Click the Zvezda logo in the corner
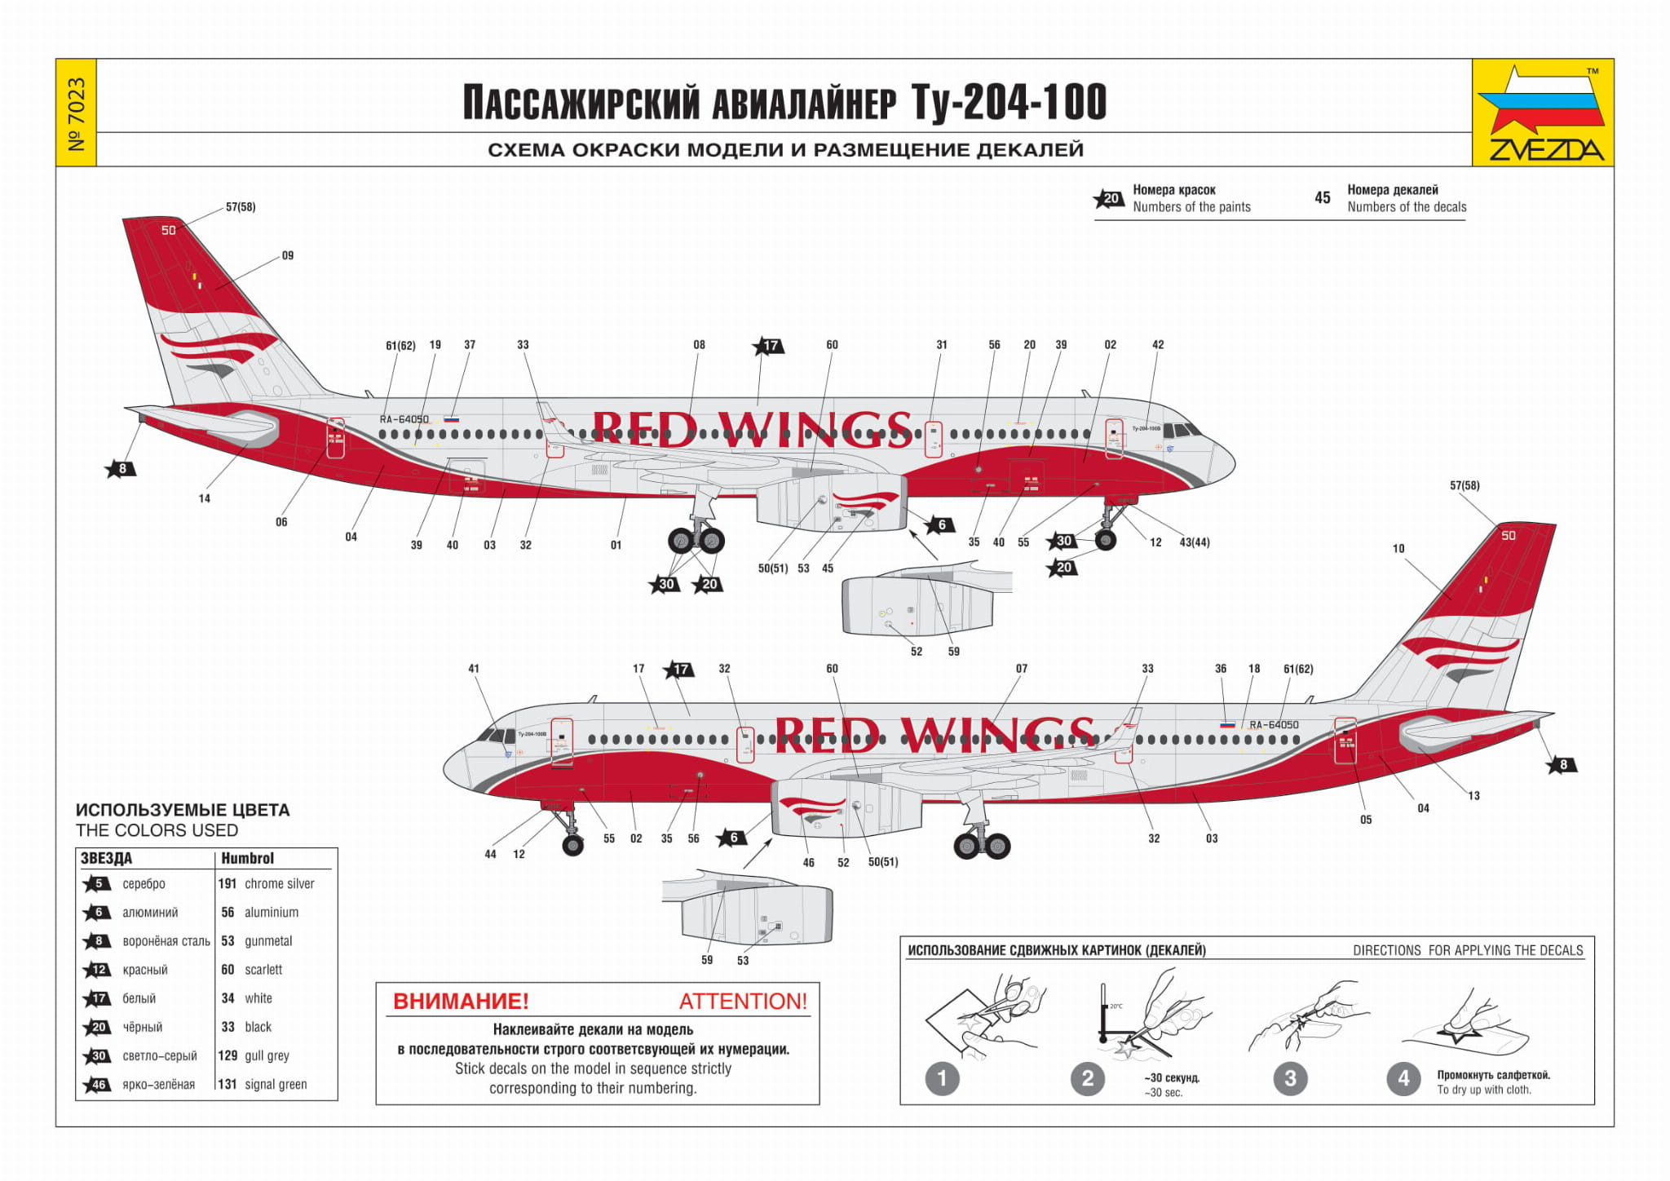point(1542,113)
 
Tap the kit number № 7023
point(76,113)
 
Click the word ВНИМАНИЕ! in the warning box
point(461,1001)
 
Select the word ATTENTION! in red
point(743,1001)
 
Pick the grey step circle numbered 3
point(1290,1078)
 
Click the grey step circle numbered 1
point(942,1078)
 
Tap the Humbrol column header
point(247,858)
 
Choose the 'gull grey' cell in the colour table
point(267,1055)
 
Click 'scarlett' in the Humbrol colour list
point(263,970)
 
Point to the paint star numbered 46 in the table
point(98,1085)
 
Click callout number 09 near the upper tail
point(288,255)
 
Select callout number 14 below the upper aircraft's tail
point(205,498)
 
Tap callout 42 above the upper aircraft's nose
point(1158,345)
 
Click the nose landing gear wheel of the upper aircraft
point(1106,539)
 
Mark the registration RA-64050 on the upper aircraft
point(404,419)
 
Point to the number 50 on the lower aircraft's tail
point(1509,536)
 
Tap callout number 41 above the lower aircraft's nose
point(474,669)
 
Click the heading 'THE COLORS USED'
point(157,830)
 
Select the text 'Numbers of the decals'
point(1407,207)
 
